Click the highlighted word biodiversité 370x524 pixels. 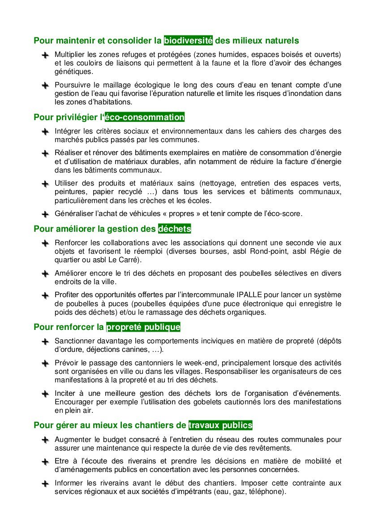pyautogui.click(x=188, y=41)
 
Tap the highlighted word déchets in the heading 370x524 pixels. pyautogui.click(x=175, y=229)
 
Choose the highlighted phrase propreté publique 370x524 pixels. pyautogui.click(x=143, y=327)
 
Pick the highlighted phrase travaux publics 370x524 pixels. pyautogui.click(x=220, y=424)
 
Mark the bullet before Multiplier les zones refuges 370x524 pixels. pyautogui.click(x=45, y=55)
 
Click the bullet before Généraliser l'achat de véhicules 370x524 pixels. pyautogui.click(x=45, y=214)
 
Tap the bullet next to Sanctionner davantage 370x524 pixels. pyautogui.click(x=45, y=342)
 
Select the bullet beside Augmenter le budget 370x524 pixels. pyautogui.click(x=45, y=440)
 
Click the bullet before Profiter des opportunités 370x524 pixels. pyautogui.click(x=45, y=295)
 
